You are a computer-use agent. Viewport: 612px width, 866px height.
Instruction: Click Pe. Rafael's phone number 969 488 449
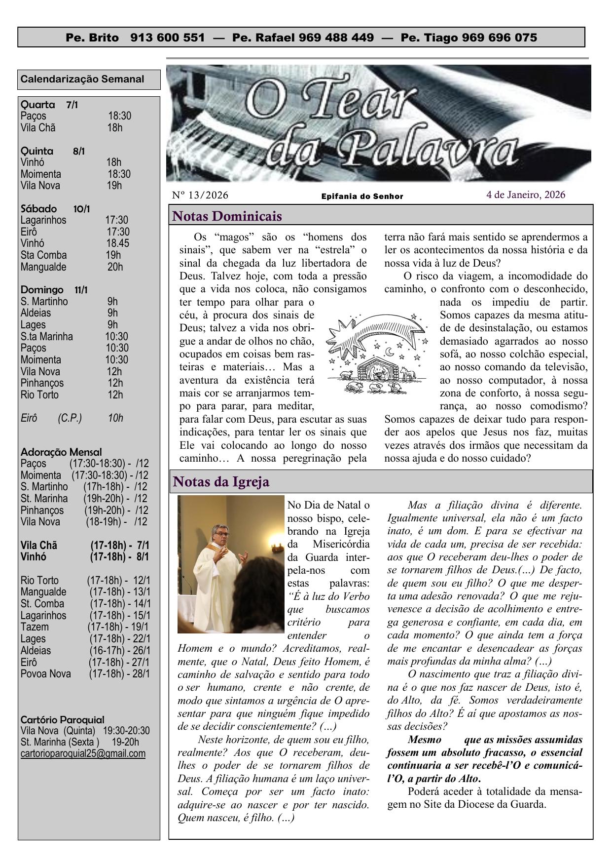340,38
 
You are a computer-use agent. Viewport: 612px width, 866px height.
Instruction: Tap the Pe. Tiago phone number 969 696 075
499,38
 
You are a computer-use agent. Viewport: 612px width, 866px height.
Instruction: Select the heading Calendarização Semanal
82,79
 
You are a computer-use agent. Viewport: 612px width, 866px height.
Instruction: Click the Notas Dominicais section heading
227,216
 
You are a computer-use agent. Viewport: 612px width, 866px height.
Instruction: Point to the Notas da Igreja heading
221,481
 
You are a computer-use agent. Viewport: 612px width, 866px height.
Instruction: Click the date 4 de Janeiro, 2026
526,195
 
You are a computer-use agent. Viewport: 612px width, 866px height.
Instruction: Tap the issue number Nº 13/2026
200,196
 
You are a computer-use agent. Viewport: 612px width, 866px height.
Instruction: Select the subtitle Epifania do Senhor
362,197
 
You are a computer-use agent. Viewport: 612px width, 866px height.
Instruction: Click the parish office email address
83,753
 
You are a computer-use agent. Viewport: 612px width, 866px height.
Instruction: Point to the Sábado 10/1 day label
55,209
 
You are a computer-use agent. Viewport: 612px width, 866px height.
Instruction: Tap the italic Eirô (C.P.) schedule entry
72,418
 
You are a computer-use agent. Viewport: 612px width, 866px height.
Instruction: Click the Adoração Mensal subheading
61,452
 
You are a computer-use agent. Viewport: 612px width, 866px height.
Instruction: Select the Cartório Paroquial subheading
62,719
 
